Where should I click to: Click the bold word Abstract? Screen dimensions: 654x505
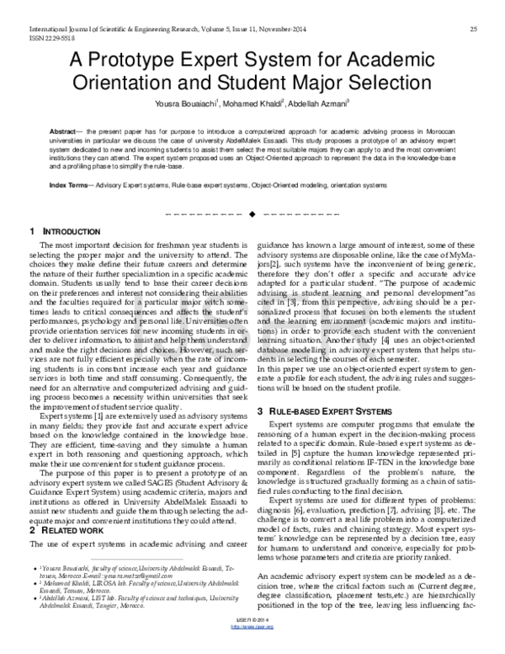pos(64,133)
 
